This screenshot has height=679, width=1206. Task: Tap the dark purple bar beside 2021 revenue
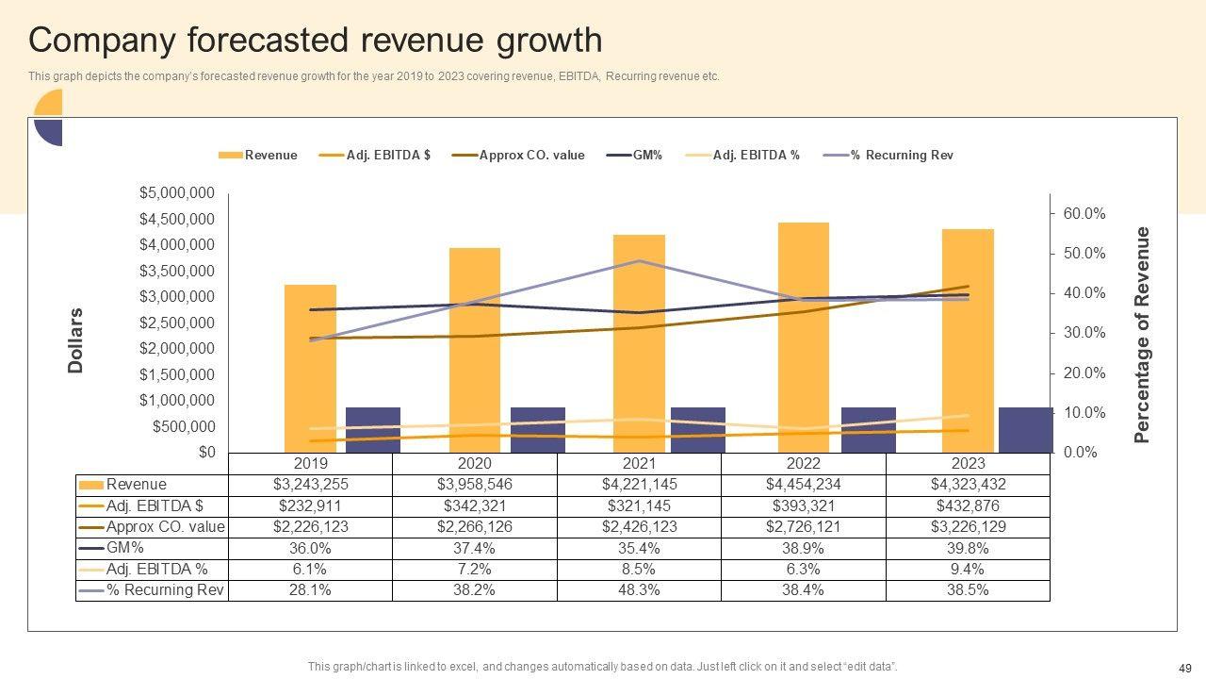click(698, 429)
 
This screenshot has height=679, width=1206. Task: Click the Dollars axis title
click(76, 340)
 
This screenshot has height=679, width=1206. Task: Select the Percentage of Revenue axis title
click(1142, 335)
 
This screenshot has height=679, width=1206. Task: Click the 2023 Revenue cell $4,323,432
click(968, 485)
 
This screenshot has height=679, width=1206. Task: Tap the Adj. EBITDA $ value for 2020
click(474, 505)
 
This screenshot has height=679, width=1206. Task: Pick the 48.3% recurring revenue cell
click(639, 590)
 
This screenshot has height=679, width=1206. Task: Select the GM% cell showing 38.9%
click(803, 548)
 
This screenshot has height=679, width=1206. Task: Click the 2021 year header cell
click(639, 463)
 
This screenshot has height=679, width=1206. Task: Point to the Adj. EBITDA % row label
click(156, 569)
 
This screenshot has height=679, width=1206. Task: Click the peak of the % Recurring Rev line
click(640, 260)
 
